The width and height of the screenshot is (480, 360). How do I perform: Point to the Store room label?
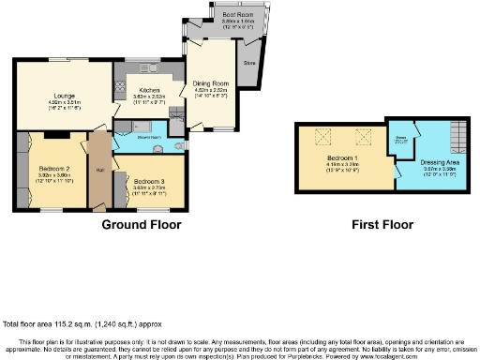tap(249, 63)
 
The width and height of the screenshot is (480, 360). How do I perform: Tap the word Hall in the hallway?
tap(99, 170)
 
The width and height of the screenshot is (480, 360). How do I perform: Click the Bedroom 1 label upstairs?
tap(338, 158)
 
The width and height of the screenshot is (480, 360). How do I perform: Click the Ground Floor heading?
tap(141, 225)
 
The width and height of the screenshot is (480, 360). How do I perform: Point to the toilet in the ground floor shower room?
tap(177, 145)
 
